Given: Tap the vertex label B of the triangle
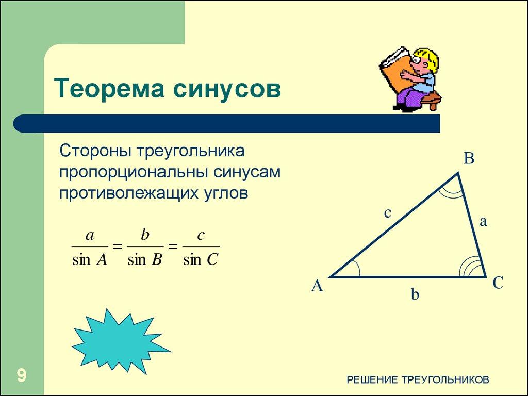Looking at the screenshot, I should pyautogui.click(x=468, y=159).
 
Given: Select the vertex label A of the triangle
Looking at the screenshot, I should pyautogui.click(x=317, y=286).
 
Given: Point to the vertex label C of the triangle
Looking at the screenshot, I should pyautogui.click(x=498, y=283).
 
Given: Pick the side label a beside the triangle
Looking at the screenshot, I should pyautogui.click(x=483, y=221).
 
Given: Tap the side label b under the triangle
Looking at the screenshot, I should pyautogui.click(x=415, y=294).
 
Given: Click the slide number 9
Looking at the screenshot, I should pyautogui.click(x=22, y=375).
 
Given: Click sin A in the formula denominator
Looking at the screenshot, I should pyautogui.click(x=89, y=259).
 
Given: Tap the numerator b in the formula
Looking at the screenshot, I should pyautogui.click(x=145, y=236).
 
